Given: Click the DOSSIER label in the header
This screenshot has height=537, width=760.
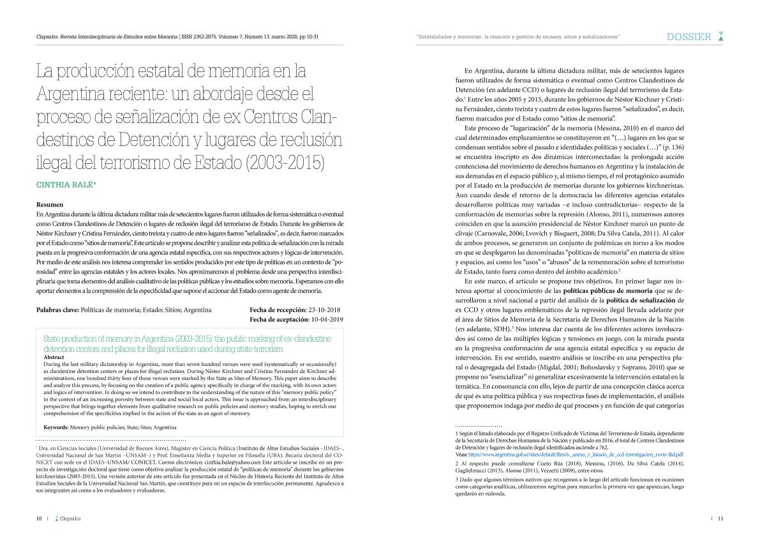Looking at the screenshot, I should (x=689, y=37).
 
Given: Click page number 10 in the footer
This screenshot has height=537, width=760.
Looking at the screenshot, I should (x=39, y=519).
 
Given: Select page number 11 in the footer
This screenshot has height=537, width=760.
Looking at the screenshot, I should (x=720, y=519).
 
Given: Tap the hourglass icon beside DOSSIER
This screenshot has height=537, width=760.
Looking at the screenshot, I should (x=720, y=37).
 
